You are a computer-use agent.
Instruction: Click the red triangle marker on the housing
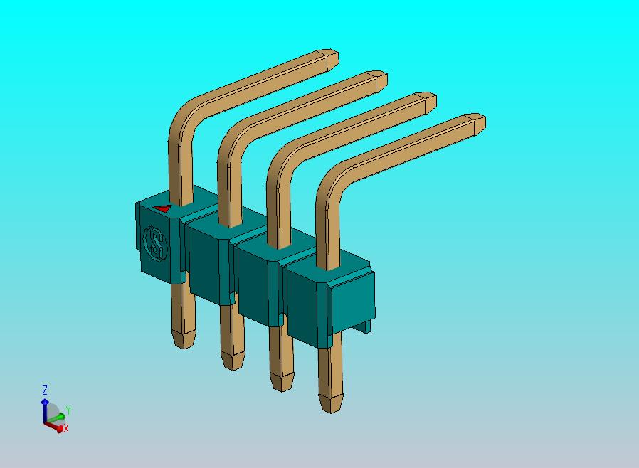pyautogui.click(x=163, y=209)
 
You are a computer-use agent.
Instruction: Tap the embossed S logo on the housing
pyautogui.click(x=154, y=243)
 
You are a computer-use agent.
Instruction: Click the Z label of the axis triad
pyautogui.click(x=44, y=390)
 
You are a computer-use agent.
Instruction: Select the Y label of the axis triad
pyautogui.click(x=67, y=410)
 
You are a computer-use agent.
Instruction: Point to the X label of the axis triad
pyautogui.click(x=66, y=429)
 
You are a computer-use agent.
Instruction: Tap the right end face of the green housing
pyautogui.click(x=354, y=298)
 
